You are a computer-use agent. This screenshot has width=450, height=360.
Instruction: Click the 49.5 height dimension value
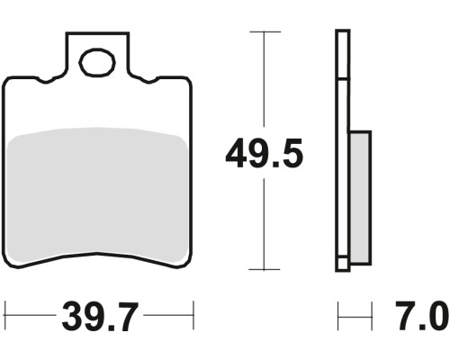pyautogui.click(x=264, y=153)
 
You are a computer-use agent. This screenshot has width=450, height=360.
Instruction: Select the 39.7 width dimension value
pyautogui.click(x=100, y=316)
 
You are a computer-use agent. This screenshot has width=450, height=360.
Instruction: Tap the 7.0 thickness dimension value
pyautogui.click(x=421, y=315)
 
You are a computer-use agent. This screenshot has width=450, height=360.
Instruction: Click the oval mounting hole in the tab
pyautogui.click(x=97, y=63)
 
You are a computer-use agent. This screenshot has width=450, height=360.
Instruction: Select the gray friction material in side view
pyautogui.click(x=360, y=198)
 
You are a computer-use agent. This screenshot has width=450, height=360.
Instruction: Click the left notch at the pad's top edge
pyautogui.click(x=46, y=80)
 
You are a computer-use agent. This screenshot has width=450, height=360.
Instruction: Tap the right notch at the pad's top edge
pyautogui.click(x=148, y=80)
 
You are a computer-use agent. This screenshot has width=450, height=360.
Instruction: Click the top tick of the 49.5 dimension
pyautogui.click(x=265, y=31)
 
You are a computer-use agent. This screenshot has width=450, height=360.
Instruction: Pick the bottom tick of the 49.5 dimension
pyautogui.click(x=265, y=269)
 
